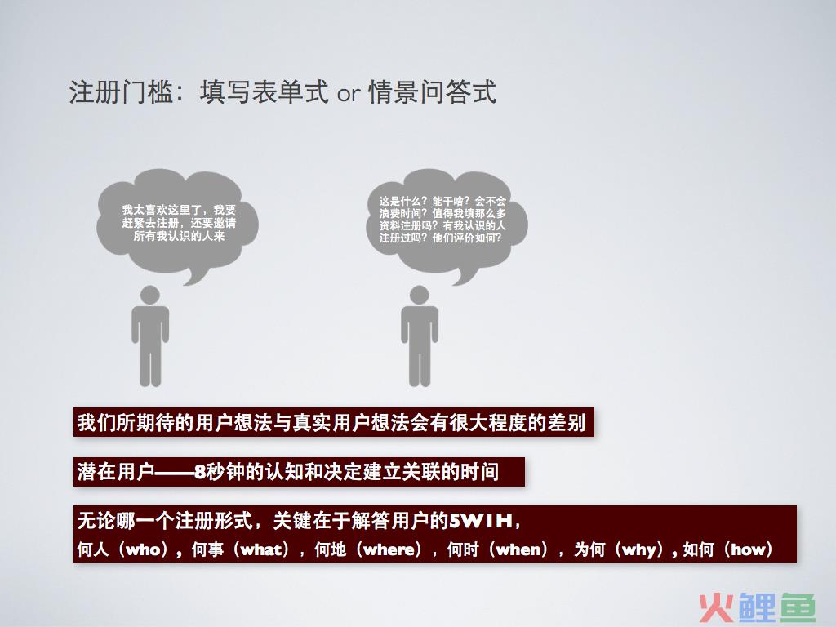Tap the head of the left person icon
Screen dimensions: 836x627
click(x=150, y=295)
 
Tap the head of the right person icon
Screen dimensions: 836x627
click(x=419, y=295)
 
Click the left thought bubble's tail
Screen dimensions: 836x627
click(x=195, y=274)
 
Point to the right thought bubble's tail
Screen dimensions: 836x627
click(x=465, y=274)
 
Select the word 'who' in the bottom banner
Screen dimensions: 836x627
click(x=143, y=549)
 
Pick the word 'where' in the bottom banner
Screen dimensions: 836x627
click(x=388, y=549)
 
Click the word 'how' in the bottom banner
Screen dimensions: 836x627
click(x=748, y=549)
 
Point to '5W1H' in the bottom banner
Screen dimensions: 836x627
click(x=481, y=520)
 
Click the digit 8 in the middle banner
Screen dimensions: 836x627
click(x=200, y=472)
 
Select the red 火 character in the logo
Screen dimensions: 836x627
click(x=716, y=607)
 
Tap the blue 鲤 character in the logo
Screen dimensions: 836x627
click(x=757, y=607)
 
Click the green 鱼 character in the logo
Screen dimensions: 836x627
click(x=798, y=607)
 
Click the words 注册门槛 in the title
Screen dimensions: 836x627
click(x=121, y=91)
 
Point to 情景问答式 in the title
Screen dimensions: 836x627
click(x=433, y=91)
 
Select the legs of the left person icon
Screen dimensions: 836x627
click(x=150, y=364)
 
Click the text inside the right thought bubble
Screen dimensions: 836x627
click(x=442, y=219)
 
